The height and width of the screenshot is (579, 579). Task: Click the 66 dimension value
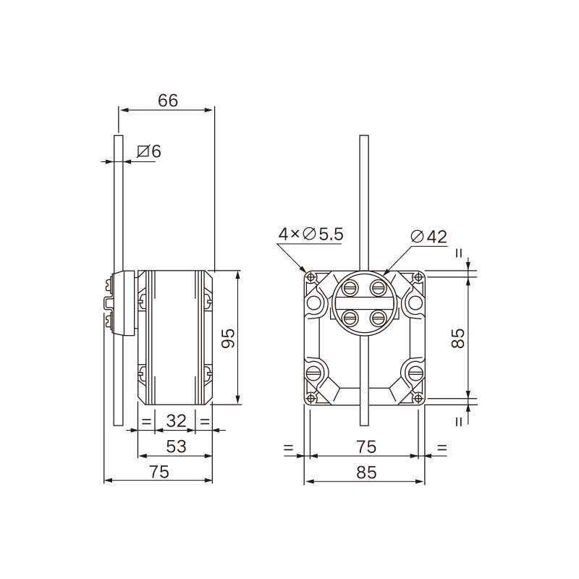tap(168, 101)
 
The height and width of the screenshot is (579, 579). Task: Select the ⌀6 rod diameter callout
tap(149, 151)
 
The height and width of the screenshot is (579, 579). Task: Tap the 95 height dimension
tap(228, 337)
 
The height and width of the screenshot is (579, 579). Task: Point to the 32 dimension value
tap(176, 420)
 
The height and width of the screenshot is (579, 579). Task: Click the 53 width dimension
tap(176, 447)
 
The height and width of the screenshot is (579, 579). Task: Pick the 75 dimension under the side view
tap(159, 472)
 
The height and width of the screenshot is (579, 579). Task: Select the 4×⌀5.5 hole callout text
tap(311, 234)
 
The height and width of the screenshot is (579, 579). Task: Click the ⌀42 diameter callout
tap(428, 237)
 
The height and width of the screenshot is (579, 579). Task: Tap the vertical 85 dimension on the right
tap(458, 337)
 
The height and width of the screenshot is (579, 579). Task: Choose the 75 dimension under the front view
tap(366, 447)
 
